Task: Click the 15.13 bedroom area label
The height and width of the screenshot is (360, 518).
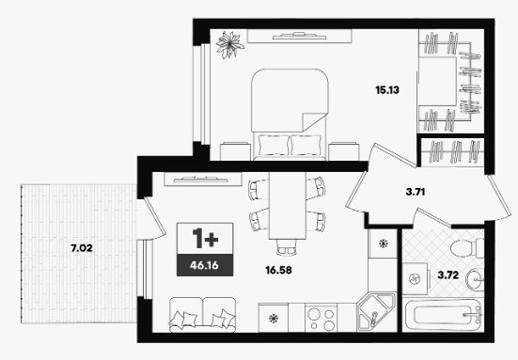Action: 387,90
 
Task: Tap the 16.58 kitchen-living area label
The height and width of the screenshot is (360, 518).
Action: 279,270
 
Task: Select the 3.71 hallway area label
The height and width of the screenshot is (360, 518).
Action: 416,192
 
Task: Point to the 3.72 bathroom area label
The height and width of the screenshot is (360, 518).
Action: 448,274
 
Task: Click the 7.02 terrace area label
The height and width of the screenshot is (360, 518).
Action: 82,248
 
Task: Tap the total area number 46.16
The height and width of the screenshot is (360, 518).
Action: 204,265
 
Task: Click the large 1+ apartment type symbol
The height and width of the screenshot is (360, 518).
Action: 205,238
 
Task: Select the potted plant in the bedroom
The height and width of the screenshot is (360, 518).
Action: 229,44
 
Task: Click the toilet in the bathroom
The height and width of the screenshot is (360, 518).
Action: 466,248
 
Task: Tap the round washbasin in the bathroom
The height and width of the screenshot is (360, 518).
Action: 475,279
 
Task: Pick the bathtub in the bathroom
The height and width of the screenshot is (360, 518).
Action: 443,315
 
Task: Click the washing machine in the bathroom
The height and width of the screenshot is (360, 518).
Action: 415,279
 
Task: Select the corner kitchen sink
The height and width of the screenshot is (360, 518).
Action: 376,312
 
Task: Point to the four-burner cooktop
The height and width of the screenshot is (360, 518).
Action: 321,319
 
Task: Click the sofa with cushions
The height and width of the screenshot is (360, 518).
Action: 202,315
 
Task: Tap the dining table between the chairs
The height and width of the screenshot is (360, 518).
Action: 288,206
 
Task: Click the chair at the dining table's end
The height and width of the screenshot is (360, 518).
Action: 287,247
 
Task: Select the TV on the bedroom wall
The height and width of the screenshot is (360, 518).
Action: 299,36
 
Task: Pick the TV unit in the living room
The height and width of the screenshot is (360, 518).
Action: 203,179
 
